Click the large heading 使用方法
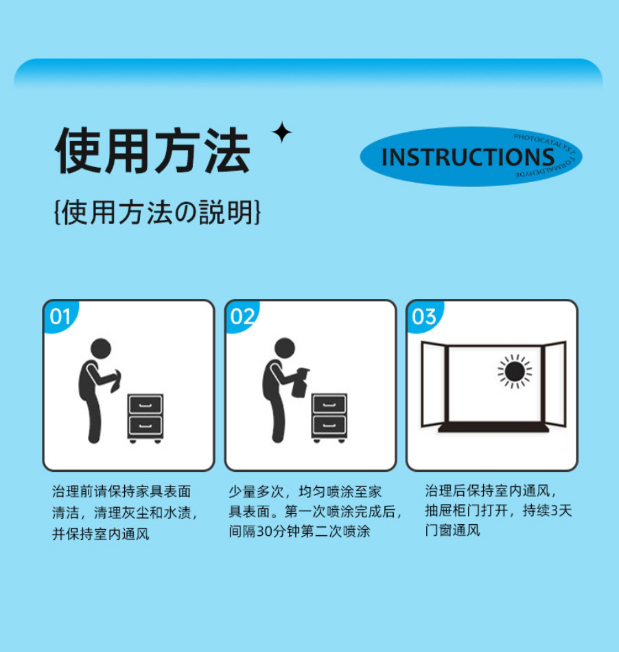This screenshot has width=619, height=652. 152,150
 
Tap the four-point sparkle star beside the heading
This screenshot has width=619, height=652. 281,133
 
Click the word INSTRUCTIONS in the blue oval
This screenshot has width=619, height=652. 467,157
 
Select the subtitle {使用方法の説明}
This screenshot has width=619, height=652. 157,213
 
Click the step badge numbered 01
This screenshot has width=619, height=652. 60,317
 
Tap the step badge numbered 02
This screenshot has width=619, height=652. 242,317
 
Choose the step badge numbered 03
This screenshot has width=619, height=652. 424,317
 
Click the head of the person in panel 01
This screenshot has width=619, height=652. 101,348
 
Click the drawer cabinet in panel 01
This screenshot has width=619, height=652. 145,417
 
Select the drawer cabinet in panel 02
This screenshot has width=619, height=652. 329,417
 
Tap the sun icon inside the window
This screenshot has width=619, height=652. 515,372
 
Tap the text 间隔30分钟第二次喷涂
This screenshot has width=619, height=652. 299,531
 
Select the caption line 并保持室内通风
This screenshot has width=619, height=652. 101,534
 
